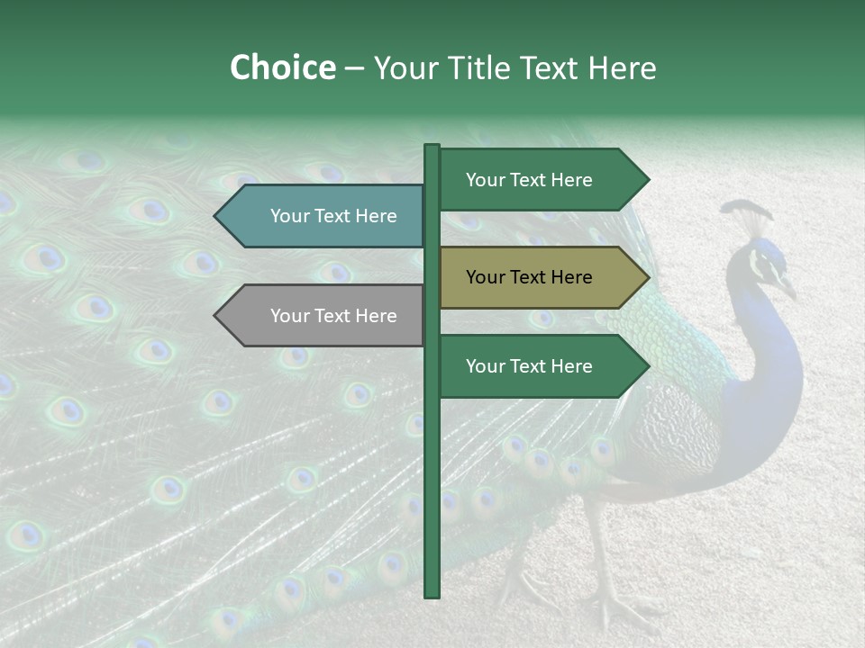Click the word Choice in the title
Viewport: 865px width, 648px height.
[282, 68]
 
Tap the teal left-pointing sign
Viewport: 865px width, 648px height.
[324, 216]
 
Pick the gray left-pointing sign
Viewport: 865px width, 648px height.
[324, 316]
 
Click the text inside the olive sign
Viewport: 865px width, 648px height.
[529, 277]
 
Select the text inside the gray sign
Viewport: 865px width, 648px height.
[333, 316]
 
